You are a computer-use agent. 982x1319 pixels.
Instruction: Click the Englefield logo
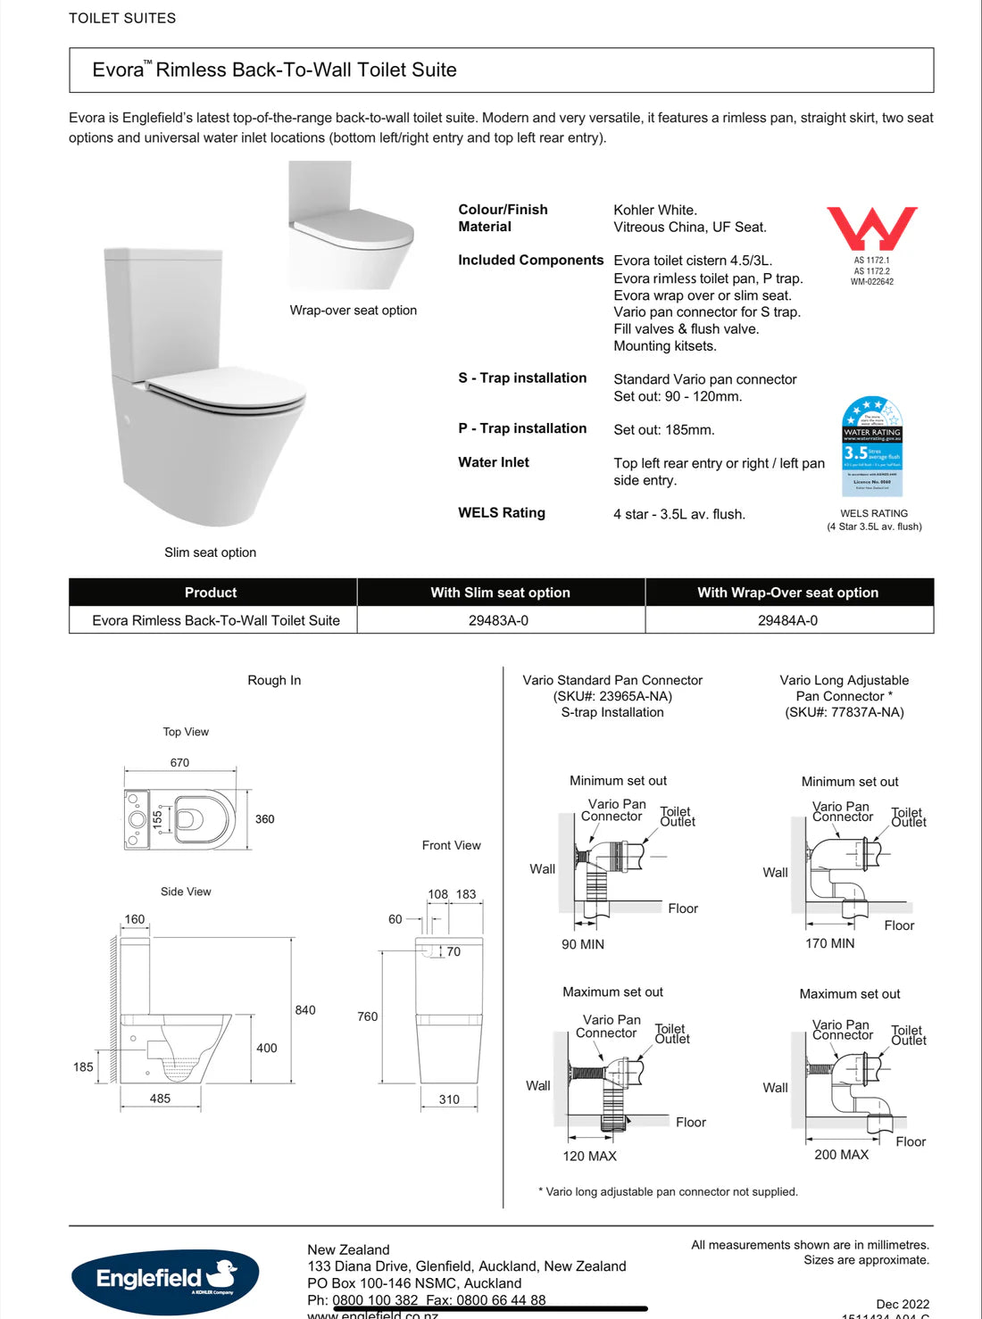pyautogui.click(x=165, y=1280)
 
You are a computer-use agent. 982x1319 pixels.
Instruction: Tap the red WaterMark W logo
pyautogui.click(x=871, y=228)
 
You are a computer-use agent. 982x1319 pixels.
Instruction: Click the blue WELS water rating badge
pyautogui.click(x=872, y=446)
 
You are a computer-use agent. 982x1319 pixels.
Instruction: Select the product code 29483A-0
pyautogui.click(x=498, y=620)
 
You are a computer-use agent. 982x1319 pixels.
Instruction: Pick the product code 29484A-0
pyautogui.click(x=787, y=620)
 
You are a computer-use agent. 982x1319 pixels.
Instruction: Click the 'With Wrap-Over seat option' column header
pyautogui.click(x=787, y=593)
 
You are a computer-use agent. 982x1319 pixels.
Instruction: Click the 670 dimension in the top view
pyautogui.click(x=179, y=763)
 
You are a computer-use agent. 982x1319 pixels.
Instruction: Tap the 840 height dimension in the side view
pyautogui.click(x=305, y=1010)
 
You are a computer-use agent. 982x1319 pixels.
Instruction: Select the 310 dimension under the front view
pyautogui.click(x=449, y=1099)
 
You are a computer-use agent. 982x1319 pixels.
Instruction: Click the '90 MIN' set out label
pyautogui.click(x=583, y=944)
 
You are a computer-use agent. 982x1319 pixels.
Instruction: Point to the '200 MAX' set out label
pyautogui.click(x=841, y=1155)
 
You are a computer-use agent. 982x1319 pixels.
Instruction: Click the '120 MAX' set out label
pyautogui.click(x=589, y=1156)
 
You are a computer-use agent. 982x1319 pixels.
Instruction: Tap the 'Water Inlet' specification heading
pyautogui.click(x=494, y=462)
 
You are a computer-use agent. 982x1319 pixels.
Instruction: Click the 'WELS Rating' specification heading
pyautogui.click(x=502, y=513)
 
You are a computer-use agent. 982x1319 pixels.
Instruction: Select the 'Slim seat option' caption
pyautogui.click(x=210, y=552)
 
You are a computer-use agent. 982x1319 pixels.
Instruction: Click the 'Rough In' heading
pyautogui.click(x=274, y=680)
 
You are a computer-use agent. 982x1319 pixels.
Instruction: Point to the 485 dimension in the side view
pyautogui.click(x=160, y=1099)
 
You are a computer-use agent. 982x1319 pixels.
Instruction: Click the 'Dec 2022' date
pyautogui.click(x=903, y=1304)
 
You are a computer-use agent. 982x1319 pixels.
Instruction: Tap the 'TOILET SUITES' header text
pyautogui.click(x=122, y=18)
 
